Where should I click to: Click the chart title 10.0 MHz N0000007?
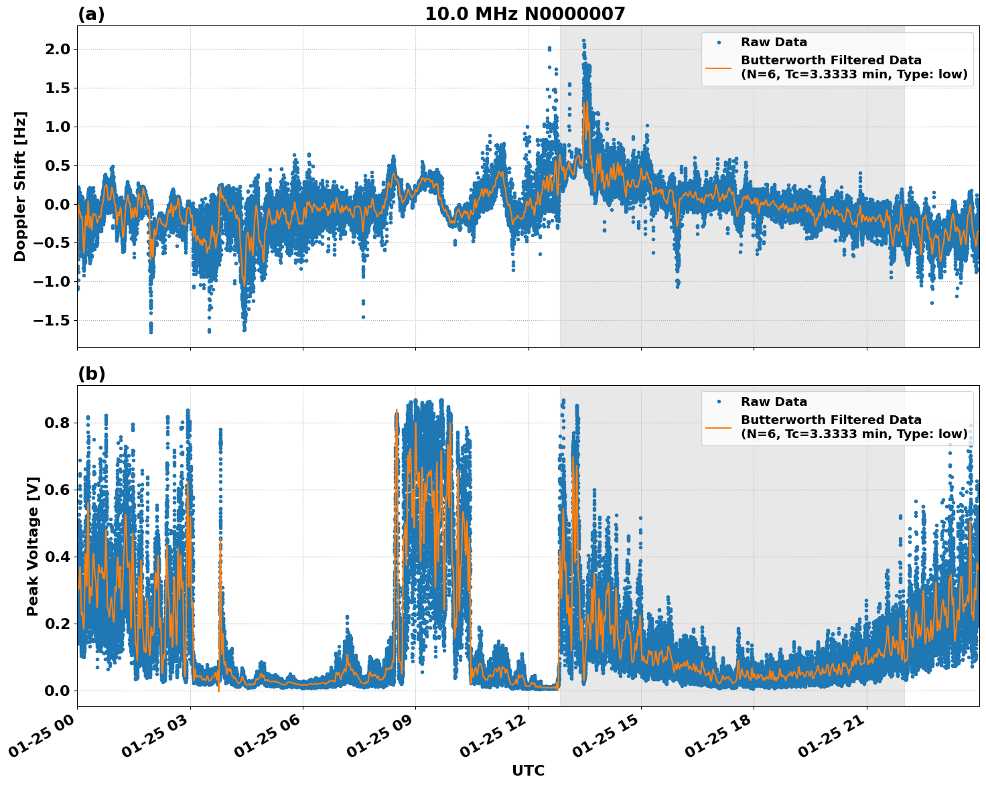coord(524,14)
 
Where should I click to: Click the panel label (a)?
coord(91,14)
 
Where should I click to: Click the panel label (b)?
coord(91,374)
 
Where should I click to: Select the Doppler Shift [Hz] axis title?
coord(20,186)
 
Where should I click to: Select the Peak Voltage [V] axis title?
coord(33,546)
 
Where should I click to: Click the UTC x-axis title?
coord(528,771)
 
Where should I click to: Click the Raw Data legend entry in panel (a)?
coord(774,42)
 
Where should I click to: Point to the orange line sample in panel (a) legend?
coord(719,67)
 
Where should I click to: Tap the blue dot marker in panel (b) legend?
coord(719,402)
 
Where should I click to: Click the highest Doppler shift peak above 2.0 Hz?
coord(583,40)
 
